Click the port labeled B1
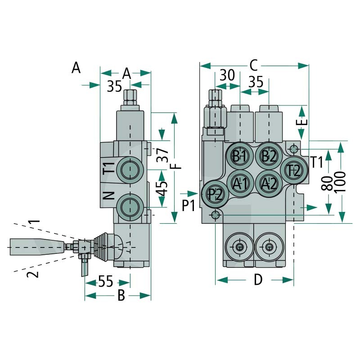[x=240, y=156]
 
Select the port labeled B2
[x=269, y=156]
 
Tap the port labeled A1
[x=240, y=184]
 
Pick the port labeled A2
[x=269, y=184]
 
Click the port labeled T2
[x=294, y=170]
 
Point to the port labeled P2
[x=215, y=194]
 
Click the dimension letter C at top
[x=254, y=66]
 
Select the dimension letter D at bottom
[x=258, y=279]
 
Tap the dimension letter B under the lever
[x=121, y=295]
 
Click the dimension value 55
[x=106, y=281]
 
